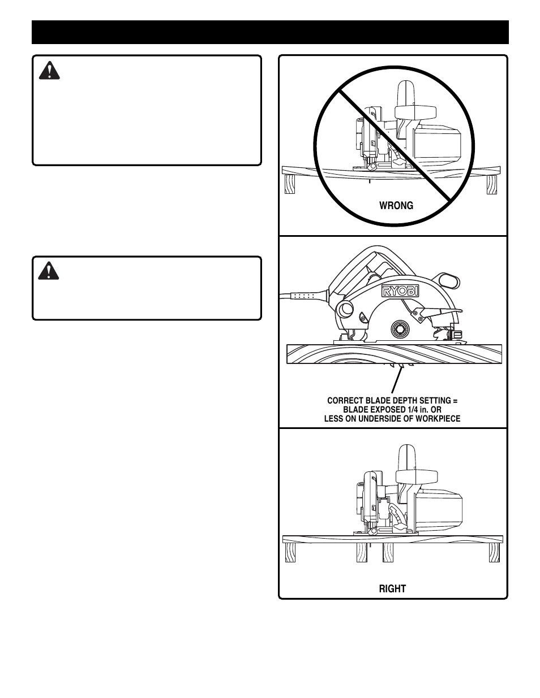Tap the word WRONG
click(396, 206)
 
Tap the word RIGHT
click(392, 589)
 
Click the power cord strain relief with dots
click(305, 296)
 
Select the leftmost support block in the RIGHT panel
click(289, 553)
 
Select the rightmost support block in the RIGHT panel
click(494, 553)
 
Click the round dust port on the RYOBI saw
click(344, 309)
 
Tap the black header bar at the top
click(270, 32)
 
